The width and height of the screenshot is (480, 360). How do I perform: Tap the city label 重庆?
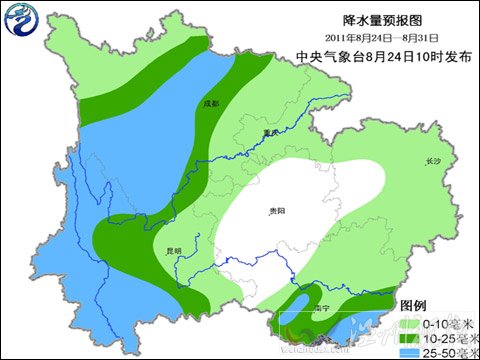coord(264,131)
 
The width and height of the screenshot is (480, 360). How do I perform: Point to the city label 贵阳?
coord(277,212)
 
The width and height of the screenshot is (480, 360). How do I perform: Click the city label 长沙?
coord(432,160)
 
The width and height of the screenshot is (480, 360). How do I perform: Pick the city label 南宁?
coord(321,309)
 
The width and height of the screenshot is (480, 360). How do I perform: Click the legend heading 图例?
coord(414,304)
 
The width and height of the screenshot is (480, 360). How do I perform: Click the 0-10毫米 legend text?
coord(446,323)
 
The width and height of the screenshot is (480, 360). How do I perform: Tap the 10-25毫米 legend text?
coord(446,339)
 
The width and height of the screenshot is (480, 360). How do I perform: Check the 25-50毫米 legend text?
coord(446,354)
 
